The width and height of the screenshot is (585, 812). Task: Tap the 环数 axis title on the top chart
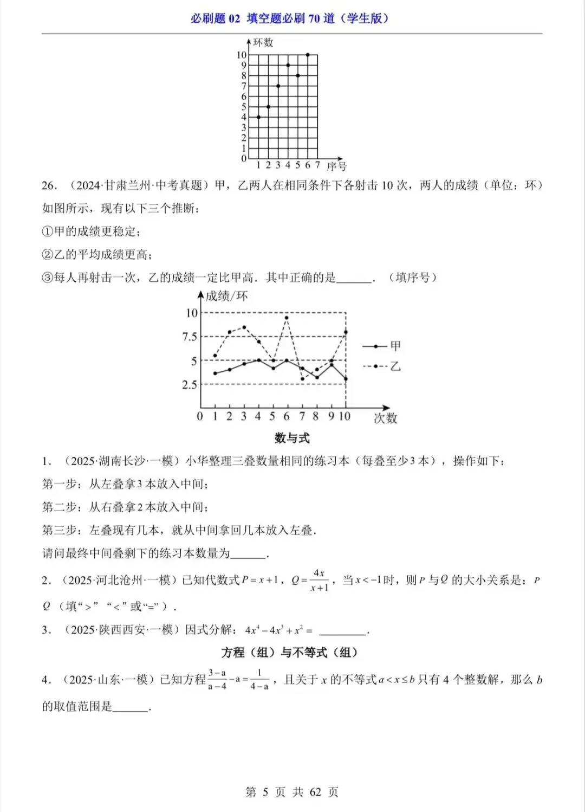[263, 43]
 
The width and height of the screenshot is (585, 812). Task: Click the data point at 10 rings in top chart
[308, 55]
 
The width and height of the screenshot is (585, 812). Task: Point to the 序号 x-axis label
[336, 166]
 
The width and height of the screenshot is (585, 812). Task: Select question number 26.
[49, 185]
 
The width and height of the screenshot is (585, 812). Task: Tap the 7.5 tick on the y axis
[190, 337]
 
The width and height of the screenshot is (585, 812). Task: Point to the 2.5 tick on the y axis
[190, 385]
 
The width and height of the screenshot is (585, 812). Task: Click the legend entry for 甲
[382, 346]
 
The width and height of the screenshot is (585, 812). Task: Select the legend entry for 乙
[382, 366]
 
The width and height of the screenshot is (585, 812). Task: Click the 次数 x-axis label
[385, 418]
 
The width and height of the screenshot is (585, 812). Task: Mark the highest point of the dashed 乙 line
[287, 318]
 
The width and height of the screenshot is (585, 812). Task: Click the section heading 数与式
[292, 438]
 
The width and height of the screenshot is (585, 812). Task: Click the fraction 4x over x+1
[319, 581]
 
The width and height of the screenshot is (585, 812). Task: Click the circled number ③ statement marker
[48, 278]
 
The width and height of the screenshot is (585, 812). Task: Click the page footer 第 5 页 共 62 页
[292, 792]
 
